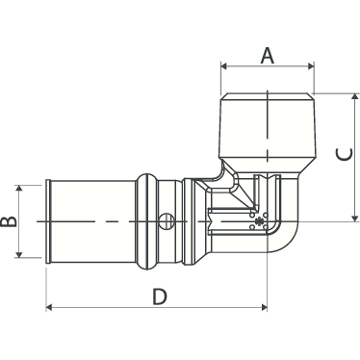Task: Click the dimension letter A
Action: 268,55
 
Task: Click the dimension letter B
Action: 9,221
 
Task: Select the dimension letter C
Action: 345,155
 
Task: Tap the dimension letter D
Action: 160,296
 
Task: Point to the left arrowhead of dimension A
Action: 224,66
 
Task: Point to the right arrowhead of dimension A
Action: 311,66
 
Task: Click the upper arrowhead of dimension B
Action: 19,188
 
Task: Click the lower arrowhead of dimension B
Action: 19,254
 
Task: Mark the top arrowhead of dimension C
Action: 354,97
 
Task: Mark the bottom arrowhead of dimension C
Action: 354,218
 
